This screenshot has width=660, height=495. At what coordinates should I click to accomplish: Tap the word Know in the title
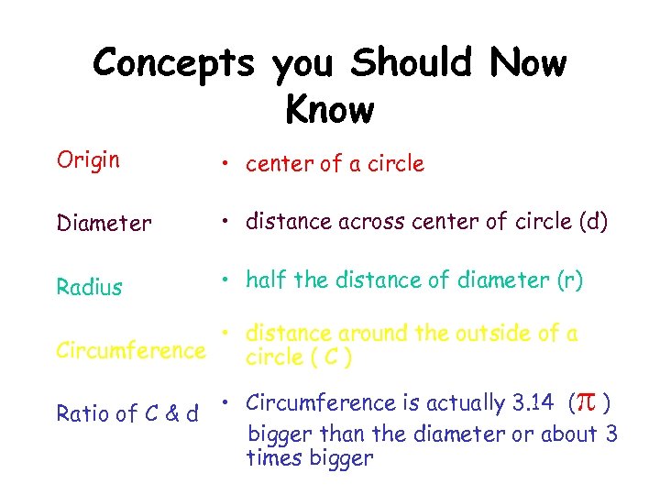point(330,109)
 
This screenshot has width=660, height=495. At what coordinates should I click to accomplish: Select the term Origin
point(88,160)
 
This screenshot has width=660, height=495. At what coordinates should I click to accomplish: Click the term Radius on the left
point(89,287)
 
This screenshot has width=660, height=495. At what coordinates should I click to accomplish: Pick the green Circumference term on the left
point(131,349)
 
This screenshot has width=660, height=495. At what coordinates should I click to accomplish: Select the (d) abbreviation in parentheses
point(591,223)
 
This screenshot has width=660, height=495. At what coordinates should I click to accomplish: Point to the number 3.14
point(532,402)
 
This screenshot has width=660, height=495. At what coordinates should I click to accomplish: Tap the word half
point(267,280)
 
